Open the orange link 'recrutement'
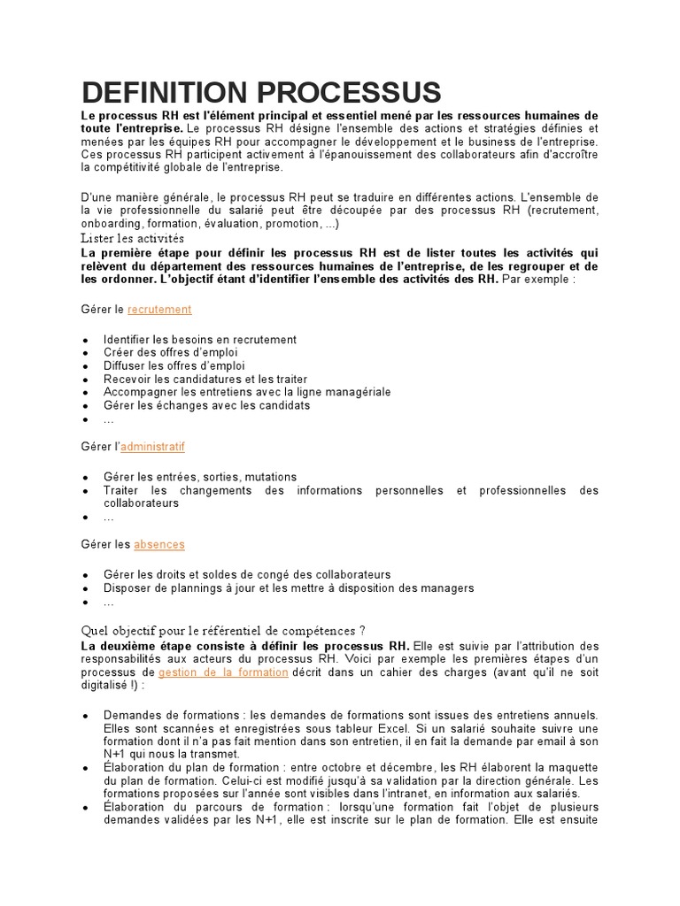point(159,309)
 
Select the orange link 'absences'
point(159,544)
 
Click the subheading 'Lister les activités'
point(132,238)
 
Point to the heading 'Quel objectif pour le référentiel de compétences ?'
point(222,630)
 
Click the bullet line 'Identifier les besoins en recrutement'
point(199,340)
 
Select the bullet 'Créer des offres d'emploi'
point(170,352)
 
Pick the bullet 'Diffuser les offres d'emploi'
point(174,365)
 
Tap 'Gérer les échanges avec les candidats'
point(206,405)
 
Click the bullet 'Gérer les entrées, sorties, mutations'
point(199,477)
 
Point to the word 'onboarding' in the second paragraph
point(111,224)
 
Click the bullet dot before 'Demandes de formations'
point(84,716)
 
